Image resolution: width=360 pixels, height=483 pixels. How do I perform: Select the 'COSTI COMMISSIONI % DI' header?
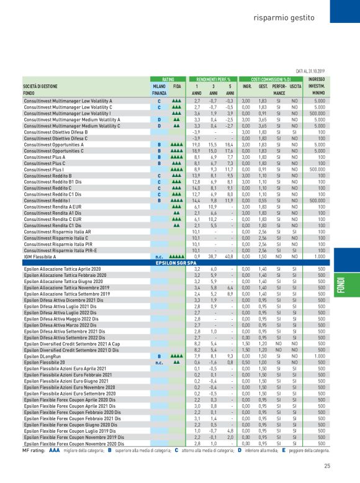coord(271,79)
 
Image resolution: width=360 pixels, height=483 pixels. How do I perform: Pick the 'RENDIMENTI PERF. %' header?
coord(214,79)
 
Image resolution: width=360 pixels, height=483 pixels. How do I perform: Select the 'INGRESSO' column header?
coord(317,79)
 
